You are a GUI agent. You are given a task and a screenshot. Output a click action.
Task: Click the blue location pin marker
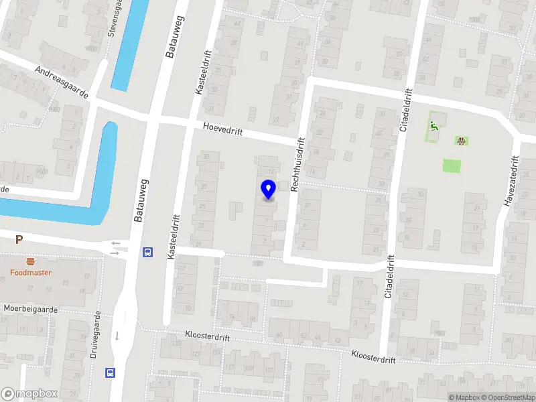tap(268, 189)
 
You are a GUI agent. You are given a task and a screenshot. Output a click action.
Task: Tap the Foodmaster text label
tap(30, 273)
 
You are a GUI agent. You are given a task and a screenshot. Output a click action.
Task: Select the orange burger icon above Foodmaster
tap(30, 261)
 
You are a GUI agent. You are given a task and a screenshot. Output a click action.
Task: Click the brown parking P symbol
tap(19, 239)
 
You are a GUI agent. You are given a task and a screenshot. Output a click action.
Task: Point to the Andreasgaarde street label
tap(62, 82)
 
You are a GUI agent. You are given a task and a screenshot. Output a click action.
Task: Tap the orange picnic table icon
tap(461, 141)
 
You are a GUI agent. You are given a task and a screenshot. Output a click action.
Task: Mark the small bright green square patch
tap(452, 165)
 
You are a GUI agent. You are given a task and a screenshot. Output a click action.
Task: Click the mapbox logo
tap(29, 394)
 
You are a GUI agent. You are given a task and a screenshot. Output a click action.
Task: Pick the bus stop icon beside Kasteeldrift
tap(147, 253)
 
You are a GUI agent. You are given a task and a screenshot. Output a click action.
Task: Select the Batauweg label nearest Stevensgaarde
tap(171, 37)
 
